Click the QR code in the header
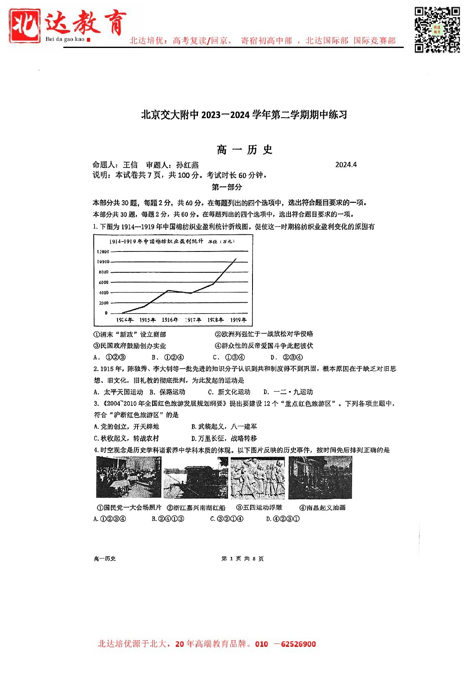437,30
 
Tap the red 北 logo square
25,26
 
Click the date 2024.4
346,165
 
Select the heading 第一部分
227,187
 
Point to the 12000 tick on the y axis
103,251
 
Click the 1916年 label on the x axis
170,320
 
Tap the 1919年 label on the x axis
238,320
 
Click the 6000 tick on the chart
103,282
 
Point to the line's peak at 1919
236,259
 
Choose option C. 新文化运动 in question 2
229,392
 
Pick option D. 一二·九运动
288,392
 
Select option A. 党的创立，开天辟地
126,427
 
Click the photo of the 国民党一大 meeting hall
128,477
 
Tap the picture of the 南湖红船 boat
195,478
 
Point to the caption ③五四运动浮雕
259,508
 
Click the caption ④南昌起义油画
322,508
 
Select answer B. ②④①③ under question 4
168,519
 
